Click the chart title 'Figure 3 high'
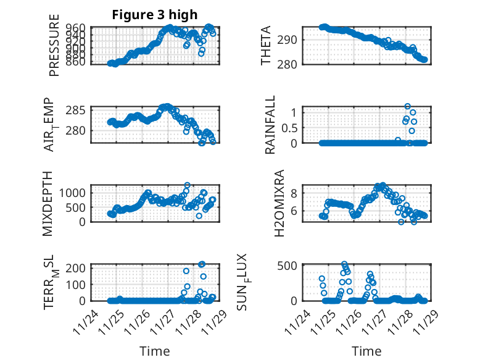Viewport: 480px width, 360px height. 154,15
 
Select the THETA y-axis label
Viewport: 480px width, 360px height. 266,46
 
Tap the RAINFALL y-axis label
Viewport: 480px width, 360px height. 270,125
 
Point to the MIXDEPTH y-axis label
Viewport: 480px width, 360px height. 49,203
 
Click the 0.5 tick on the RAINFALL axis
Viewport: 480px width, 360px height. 289,128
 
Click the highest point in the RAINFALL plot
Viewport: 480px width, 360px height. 407,107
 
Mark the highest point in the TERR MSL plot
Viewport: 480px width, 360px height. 202,264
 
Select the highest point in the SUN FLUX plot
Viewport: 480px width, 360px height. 344,264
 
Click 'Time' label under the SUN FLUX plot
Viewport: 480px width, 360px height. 366,351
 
